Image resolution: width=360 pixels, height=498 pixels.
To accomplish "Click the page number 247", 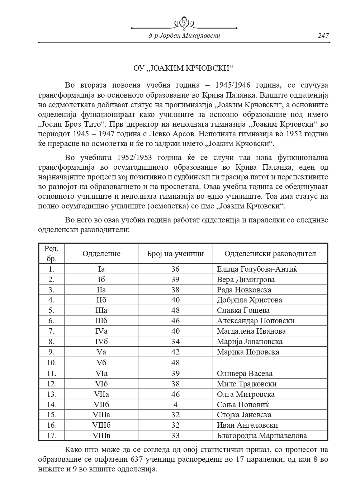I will (323, 36).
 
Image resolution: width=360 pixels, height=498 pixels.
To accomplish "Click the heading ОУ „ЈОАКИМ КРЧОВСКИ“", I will (183, 68).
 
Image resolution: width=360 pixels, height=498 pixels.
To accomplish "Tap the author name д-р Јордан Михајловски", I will (184, 36).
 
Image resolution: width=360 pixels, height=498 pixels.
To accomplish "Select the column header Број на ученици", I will (175, 254).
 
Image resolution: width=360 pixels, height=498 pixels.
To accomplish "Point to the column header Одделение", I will (101, 254).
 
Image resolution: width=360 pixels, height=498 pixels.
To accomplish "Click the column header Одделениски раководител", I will (270, 254).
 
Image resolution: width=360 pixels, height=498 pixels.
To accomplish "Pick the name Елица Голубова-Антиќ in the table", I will (257, 269).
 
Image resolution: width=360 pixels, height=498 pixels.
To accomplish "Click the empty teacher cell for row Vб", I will (270, 363).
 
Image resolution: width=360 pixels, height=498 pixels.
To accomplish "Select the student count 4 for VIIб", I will (175, 404).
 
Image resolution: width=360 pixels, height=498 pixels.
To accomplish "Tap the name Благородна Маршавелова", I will (262, 436).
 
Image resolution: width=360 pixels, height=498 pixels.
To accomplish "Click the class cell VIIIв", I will (101, 436).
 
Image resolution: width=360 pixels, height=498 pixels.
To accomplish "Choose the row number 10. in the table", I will (52, 363).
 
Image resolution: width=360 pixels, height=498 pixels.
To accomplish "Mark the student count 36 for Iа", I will (175, 269).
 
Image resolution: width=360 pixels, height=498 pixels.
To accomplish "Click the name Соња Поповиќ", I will (243, 404).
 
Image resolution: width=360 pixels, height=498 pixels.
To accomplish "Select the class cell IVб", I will (101, 342).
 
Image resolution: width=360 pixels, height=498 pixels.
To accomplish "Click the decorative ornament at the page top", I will (184, 23).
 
